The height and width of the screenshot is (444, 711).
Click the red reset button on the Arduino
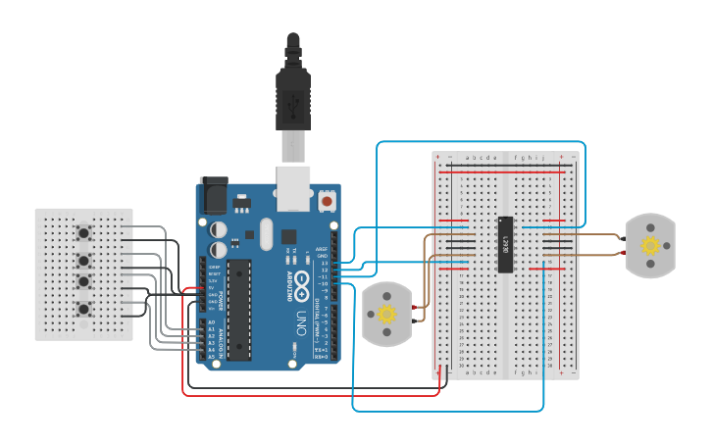[327, 201]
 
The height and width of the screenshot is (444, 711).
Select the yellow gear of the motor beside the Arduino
[386, 314]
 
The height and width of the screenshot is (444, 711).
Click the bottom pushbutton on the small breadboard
[84, 310]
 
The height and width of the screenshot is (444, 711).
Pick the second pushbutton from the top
[84, 260]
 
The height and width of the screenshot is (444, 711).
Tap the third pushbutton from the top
[84, 282]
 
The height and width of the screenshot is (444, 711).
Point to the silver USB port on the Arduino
[292, 186]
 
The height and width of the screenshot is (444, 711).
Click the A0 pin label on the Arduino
[212, 322]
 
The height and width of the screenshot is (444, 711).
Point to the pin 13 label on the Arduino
[323, 264]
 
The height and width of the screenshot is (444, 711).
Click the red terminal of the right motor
[624, 252]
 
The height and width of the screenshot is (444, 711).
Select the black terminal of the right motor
[624, 237]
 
